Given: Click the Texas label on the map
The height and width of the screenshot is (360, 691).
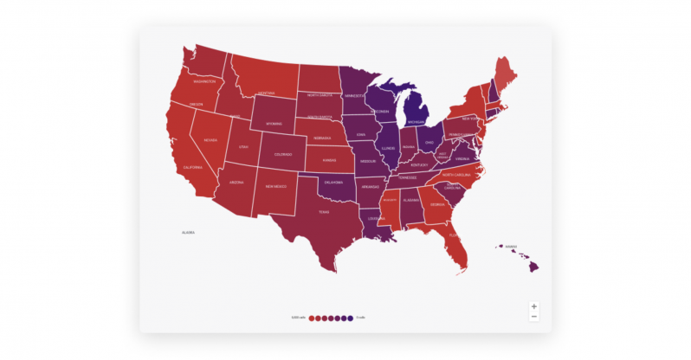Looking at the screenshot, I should (x=324, y=211).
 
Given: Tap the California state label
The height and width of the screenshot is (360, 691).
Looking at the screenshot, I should (x=192, y=166).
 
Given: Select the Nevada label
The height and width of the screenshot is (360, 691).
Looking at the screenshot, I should (x=210, y=138).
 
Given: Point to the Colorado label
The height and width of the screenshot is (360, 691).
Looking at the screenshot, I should (x=283, y=154).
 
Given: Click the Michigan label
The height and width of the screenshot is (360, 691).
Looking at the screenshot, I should (x=417, y=122).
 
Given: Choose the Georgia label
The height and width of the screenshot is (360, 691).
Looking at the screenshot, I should (x=437, y=204).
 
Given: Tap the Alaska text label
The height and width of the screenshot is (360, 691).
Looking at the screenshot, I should (x=188, y=232).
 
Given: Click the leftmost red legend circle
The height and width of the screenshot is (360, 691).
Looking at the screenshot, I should (x=312, y=318).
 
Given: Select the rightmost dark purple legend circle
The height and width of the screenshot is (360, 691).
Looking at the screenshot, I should (x=350, y=318).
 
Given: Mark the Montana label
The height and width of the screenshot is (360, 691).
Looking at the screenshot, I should (x=267, y=93).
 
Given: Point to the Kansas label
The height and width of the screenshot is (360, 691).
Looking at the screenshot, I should (x=330, y=160).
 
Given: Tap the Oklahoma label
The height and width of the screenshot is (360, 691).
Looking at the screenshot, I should (x=333, y=182).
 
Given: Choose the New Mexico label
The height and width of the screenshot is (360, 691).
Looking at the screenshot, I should (x=276, y=186).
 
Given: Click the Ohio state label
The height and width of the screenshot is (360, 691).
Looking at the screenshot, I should (x=429, y=142).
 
